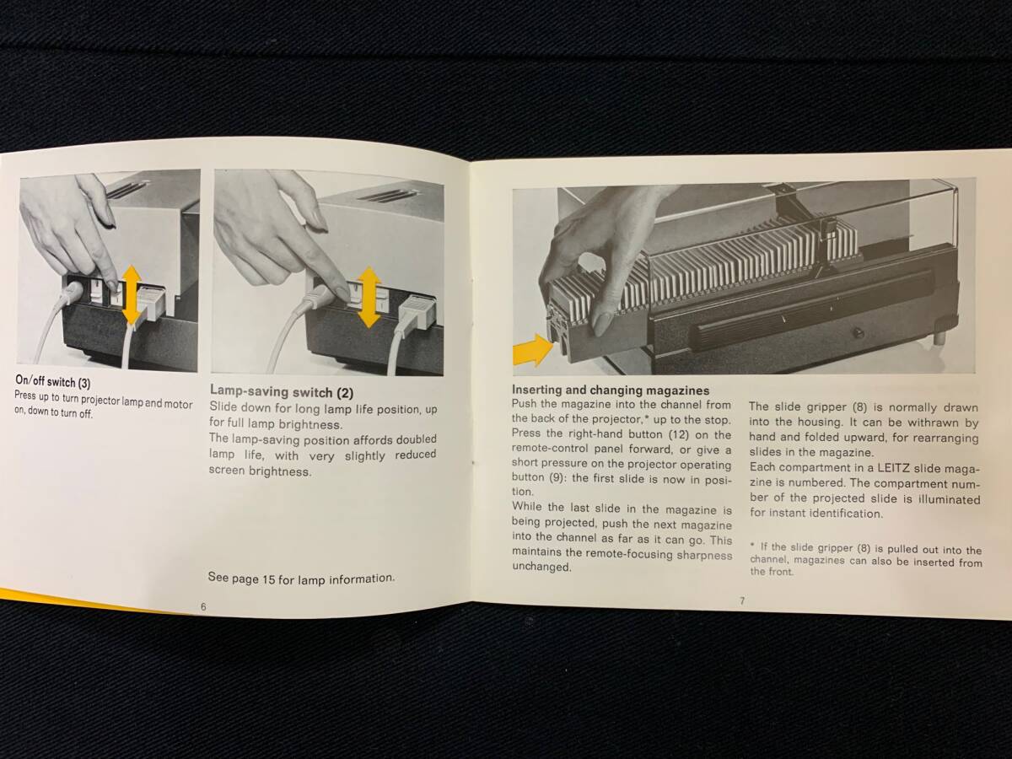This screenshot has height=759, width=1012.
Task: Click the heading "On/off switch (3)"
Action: click(x=53, y=381)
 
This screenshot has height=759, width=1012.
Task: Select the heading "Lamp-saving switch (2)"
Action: click(x=282, y=391)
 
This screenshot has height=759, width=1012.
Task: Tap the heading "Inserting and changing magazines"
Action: click(x=611, y=390)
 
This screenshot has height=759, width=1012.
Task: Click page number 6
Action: click(x=203, y=607)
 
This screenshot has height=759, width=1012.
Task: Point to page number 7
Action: click(x=742, y=600)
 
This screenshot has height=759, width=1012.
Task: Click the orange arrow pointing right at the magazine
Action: click(x=532, y=350)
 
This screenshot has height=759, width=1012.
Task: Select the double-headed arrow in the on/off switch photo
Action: click(x=132, y=295)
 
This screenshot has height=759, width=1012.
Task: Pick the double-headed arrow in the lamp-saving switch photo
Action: click(x=369, y=297)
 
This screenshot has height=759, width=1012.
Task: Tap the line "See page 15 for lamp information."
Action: click(x=301, y=579)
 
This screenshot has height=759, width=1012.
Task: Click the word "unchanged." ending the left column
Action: click(x=541, y=567)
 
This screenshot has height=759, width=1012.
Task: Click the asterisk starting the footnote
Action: click(x=752, y=545)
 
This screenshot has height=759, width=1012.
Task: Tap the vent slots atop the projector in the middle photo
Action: click(x=388, y=196)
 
